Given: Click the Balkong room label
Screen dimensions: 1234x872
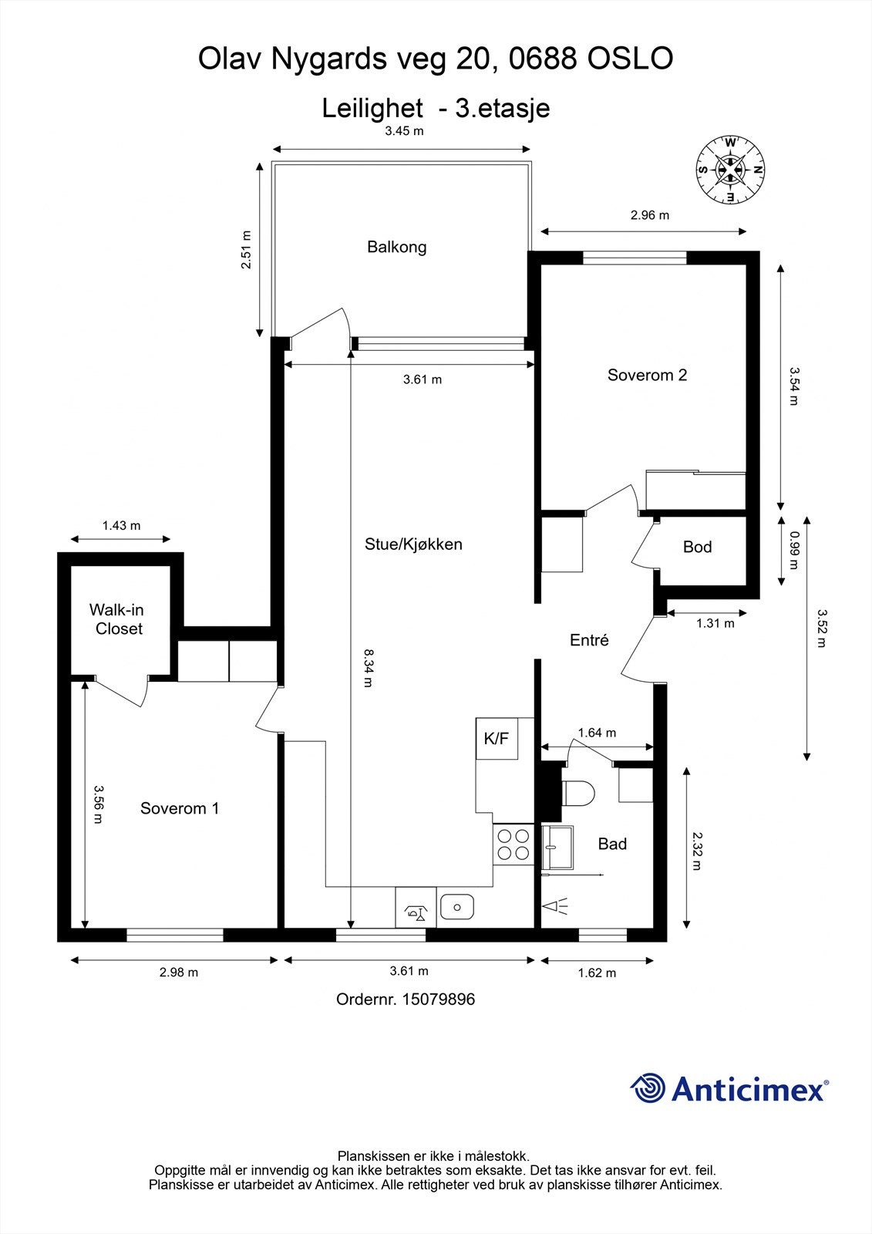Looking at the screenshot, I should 396,247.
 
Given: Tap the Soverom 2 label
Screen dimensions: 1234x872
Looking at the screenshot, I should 647,375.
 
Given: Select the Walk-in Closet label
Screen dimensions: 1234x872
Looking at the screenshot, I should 118,619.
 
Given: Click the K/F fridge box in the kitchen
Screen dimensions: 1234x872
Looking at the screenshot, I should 496,738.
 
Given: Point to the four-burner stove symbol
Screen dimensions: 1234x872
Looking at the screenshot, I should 513,844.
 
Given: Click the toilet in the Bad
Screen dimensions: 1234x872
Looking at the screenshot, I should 578,793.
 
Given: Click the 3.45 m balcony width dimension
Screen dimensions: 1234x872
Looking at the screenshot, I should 404,131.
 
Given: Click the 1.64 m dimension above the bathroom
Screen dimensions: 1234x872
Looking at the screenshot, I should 597,733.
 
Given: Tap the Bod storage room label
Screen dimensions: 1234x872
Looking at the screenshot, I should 697,547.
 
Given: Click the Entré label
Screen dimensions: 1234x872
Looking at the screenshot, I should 589,639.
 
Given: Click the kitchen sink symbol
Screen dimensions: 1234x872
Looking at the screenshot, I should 457,908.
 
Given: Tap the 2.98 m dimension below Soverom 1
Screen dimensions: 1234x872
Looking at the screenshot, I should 179,973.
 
